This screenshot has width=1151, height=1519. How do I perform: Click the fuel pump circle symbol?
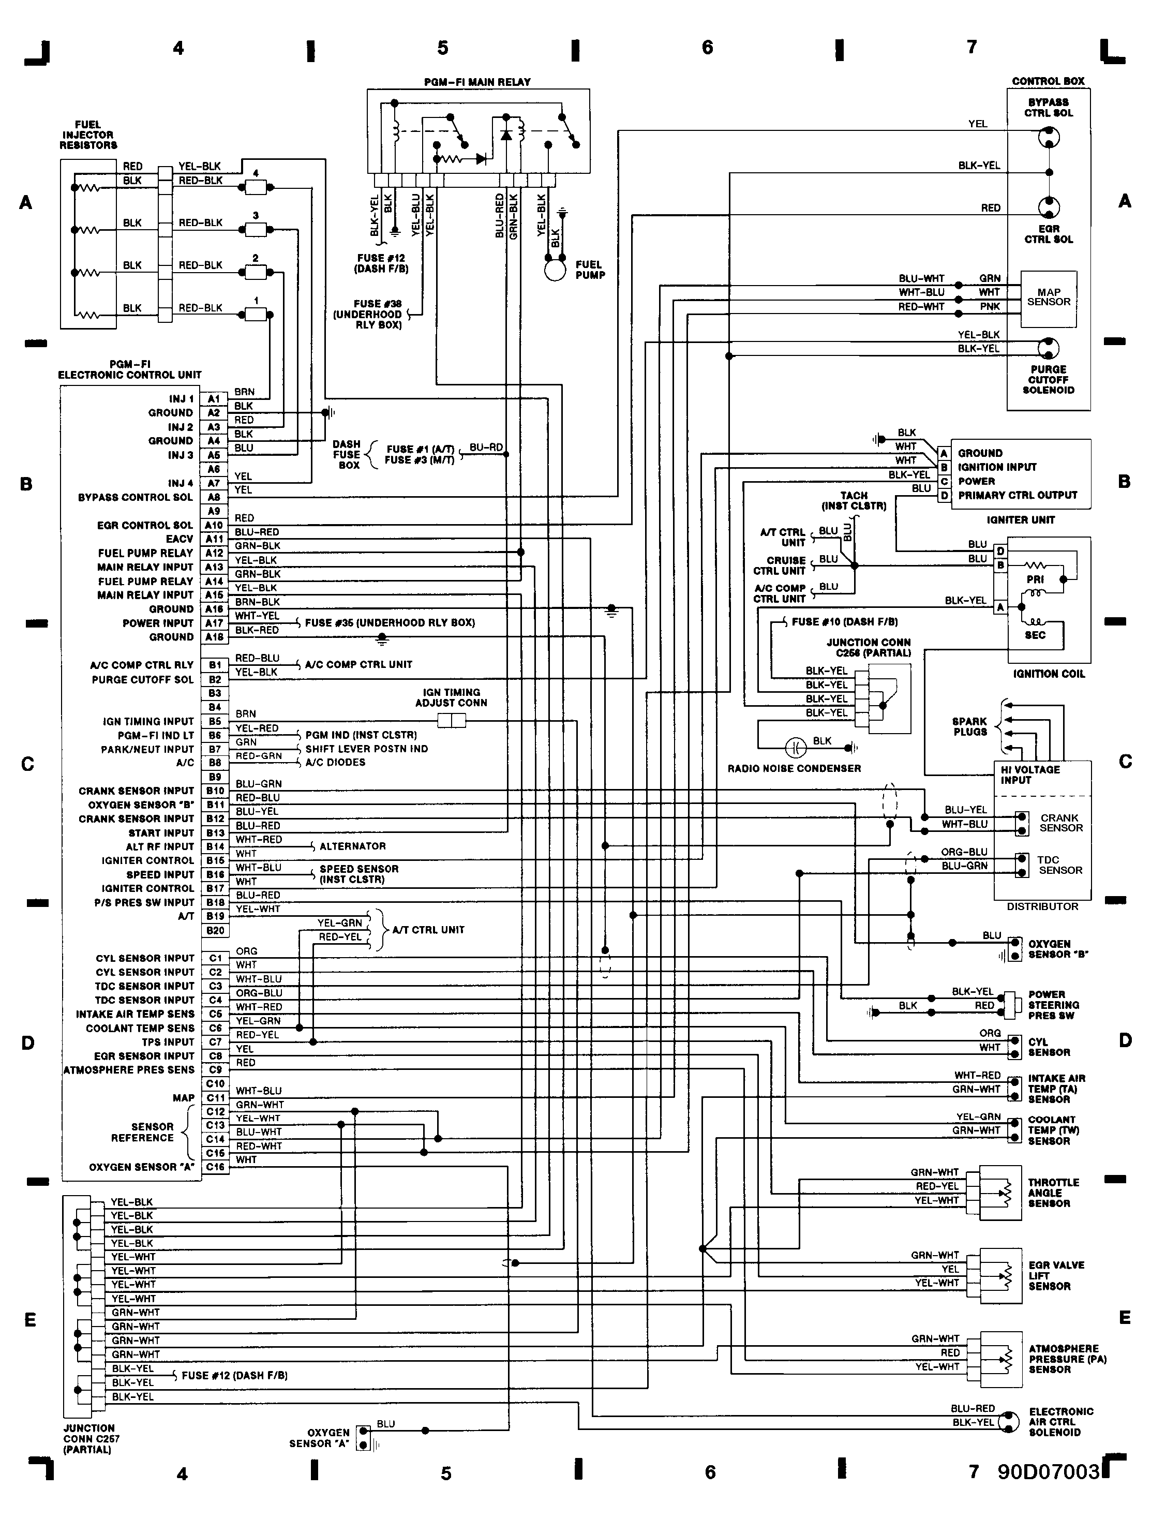click(555, 269)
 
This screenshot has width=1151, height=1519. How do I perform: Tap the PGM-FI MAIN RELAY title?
click(477, 82)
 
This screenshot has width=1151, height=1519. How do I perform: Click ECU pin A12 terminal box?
click(214, 553)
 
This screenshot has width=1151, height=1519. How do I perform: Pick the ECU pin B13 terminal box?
click(215, 832)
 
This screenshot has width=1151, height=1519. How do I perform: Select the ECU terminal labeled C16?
click(215, 1167)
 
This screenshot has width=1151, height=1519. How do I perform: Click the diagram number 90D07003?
click(1049, 1471)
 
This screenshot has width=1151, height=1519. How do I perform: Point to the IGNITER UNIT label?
click(1021, 520)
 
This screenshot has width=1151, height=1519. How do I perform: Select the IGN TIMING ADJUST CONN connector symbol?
click(451, 720)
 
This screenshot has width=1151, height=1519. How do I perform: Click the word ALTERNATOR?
click(352, 846)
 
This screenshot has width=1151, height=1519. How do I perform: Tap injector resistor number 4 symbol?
click(256, 187)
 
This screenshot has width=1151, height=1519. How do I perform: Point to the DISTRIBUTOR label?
click(1042, 906)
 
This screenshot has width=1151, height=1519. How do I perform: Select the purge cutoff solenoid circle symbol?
click(1048, 348)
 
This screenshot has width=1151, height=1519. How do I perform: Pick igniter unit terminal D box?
click(944, 495)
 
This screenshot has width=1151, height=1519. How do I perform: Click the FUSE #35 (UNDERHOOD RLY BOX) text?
click(390, 623)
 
